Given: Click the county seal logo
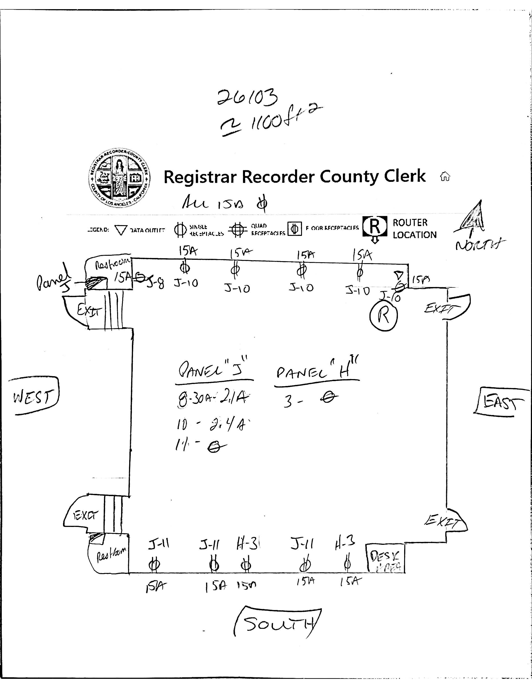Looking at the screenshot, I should coord(119,178).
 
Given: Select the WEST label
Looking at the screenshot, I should coord(33,396).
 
